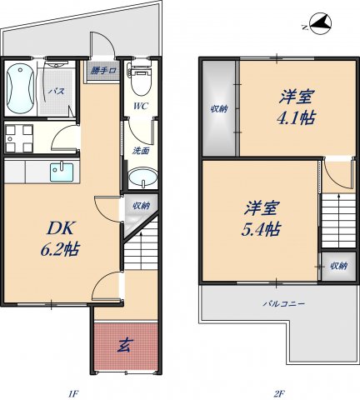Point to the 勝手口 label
(104, 70)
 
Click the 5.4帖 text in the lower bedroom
(262, 217)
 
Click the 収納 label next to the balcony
(337, 266)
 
